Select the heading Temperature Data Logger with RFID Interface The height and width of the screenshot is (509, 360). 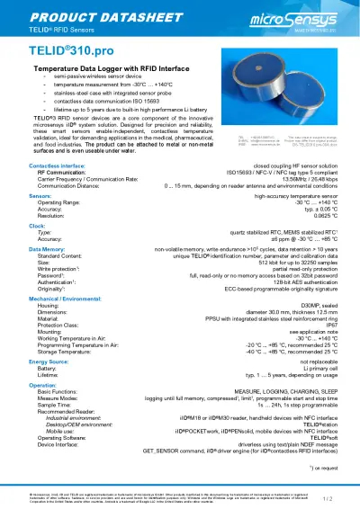pyautogui.click(x=103, y=68)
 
